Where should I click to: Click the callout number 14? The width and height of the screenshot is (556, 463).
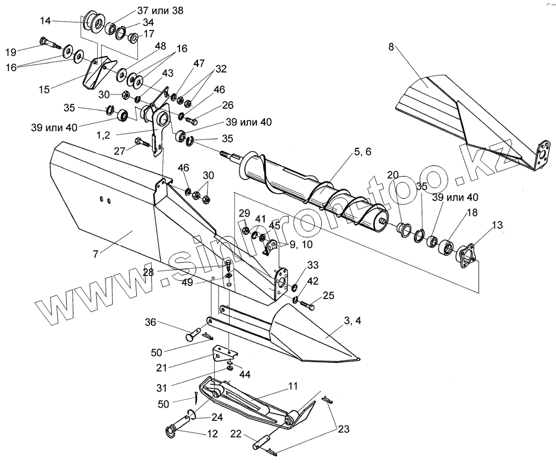45,21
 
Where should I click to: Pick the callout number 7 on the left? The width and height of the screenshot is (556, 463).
96,254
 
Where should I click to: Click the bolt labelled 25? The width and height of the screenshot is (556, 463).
309,305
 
